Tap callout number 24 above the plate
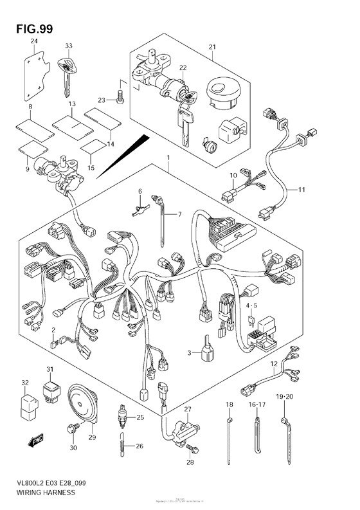click(34, 42)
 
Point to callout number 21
click(213, 47)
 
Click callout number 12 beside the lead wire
click(274, 365)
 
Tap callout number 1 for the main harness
click(168, 158)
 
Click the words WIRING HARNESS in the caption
click(40, 492)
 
